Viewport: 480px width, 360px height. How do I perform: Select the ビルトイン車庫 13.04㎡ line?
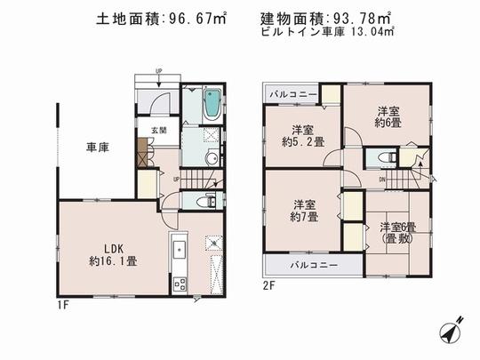click(329, 35)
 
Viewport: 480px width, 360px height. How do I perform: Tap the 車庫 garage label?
click(97, 148)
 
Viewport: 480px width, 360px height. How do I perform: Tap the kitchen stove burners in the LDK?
click(178, 284)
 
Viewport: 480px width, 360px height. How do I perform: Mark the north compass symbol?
click(452, 330)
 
